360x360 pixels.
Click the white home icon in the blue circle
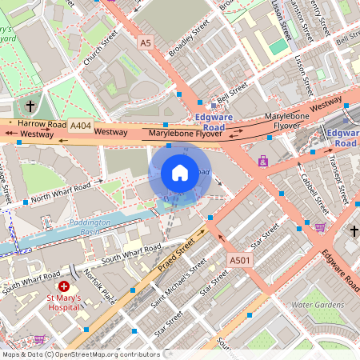[180, 172]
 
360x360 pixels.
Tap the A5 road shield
[144, 41]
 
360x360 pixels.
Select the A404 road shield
[80, 126]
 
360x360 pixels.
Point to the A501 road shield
[240, 260]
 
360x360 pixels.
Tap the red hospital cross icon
[64, 286]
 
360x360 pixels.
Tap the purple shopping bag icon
[262, 161]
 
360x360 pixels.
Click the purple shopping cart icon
[321, 227]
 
